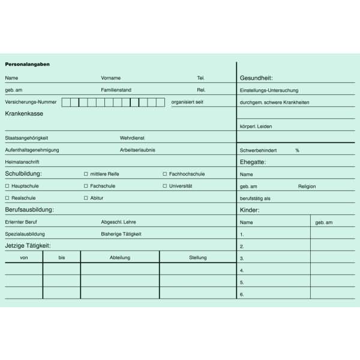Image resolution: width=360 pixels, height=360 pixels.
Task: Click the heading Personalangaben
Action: (x=27, y=64)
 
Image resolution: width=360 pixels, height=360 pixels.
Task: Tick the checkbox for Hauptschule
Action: (x=7, y=186)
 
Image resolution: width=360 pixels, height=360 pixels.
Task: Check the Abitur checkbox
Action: (x=86, y=197)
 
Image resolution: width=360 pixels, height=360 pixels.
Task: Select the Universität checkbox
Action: (x=165, y=186)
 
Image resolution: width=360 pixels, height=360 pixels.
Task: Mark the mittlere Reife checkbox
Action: (x=86, y=174)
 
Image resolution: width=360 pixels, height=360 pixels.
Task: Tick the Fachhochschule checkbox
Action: (x=165, y=174)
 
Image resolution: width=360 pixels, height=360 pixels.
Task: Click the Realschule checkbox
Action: (x=7, y=197)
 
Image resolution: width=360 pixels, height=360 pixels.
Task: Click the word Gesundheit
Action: (x=256, y=78)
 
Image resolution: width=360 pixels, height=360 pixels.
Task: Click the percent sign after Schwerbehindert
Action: (x=297, y=150)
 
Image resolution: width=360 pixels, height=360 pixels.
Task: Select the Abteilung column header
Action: (x=120, y=257)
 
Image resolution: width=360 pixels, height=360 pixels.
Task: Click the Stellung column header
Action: (x=197, y=257)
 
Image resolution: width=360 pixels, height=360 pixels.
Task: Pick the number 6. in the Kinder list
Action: (x=242, y=295)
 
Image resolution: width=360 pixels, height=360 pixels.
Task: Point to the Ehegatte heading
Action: (x=253, y=162)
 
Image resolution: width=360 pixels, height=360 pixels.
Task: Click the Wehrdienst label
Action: (x=132, y=138)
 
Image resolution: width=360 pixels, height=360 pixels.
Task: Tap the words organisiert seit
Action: (x=187, y=102)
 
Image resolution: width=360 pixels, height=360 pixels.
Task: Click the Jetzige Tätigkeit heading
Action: (x=28, y=245)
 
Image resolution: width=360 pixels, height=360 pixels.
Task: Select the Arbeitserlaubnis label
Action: (x=137, y=150)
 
